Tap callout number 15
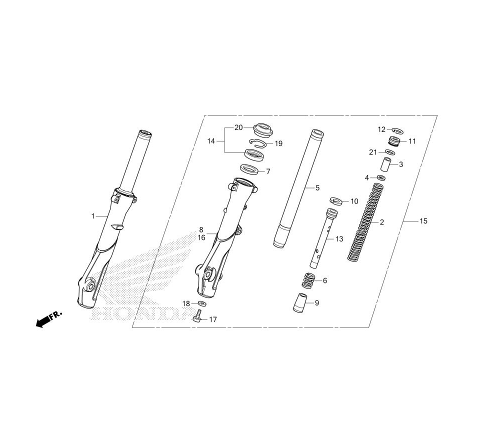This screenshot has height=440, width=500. (x=423, y=221)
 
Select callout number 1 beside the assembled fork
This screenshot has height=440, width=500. (x=93, y=216)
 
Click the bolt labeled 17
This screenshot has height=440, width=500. (x=197, y=317)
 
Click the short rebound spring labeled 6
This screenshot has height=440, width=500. (x=308, y=280)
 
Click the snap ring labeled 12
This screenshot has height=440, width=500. (x=398, y=130)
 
